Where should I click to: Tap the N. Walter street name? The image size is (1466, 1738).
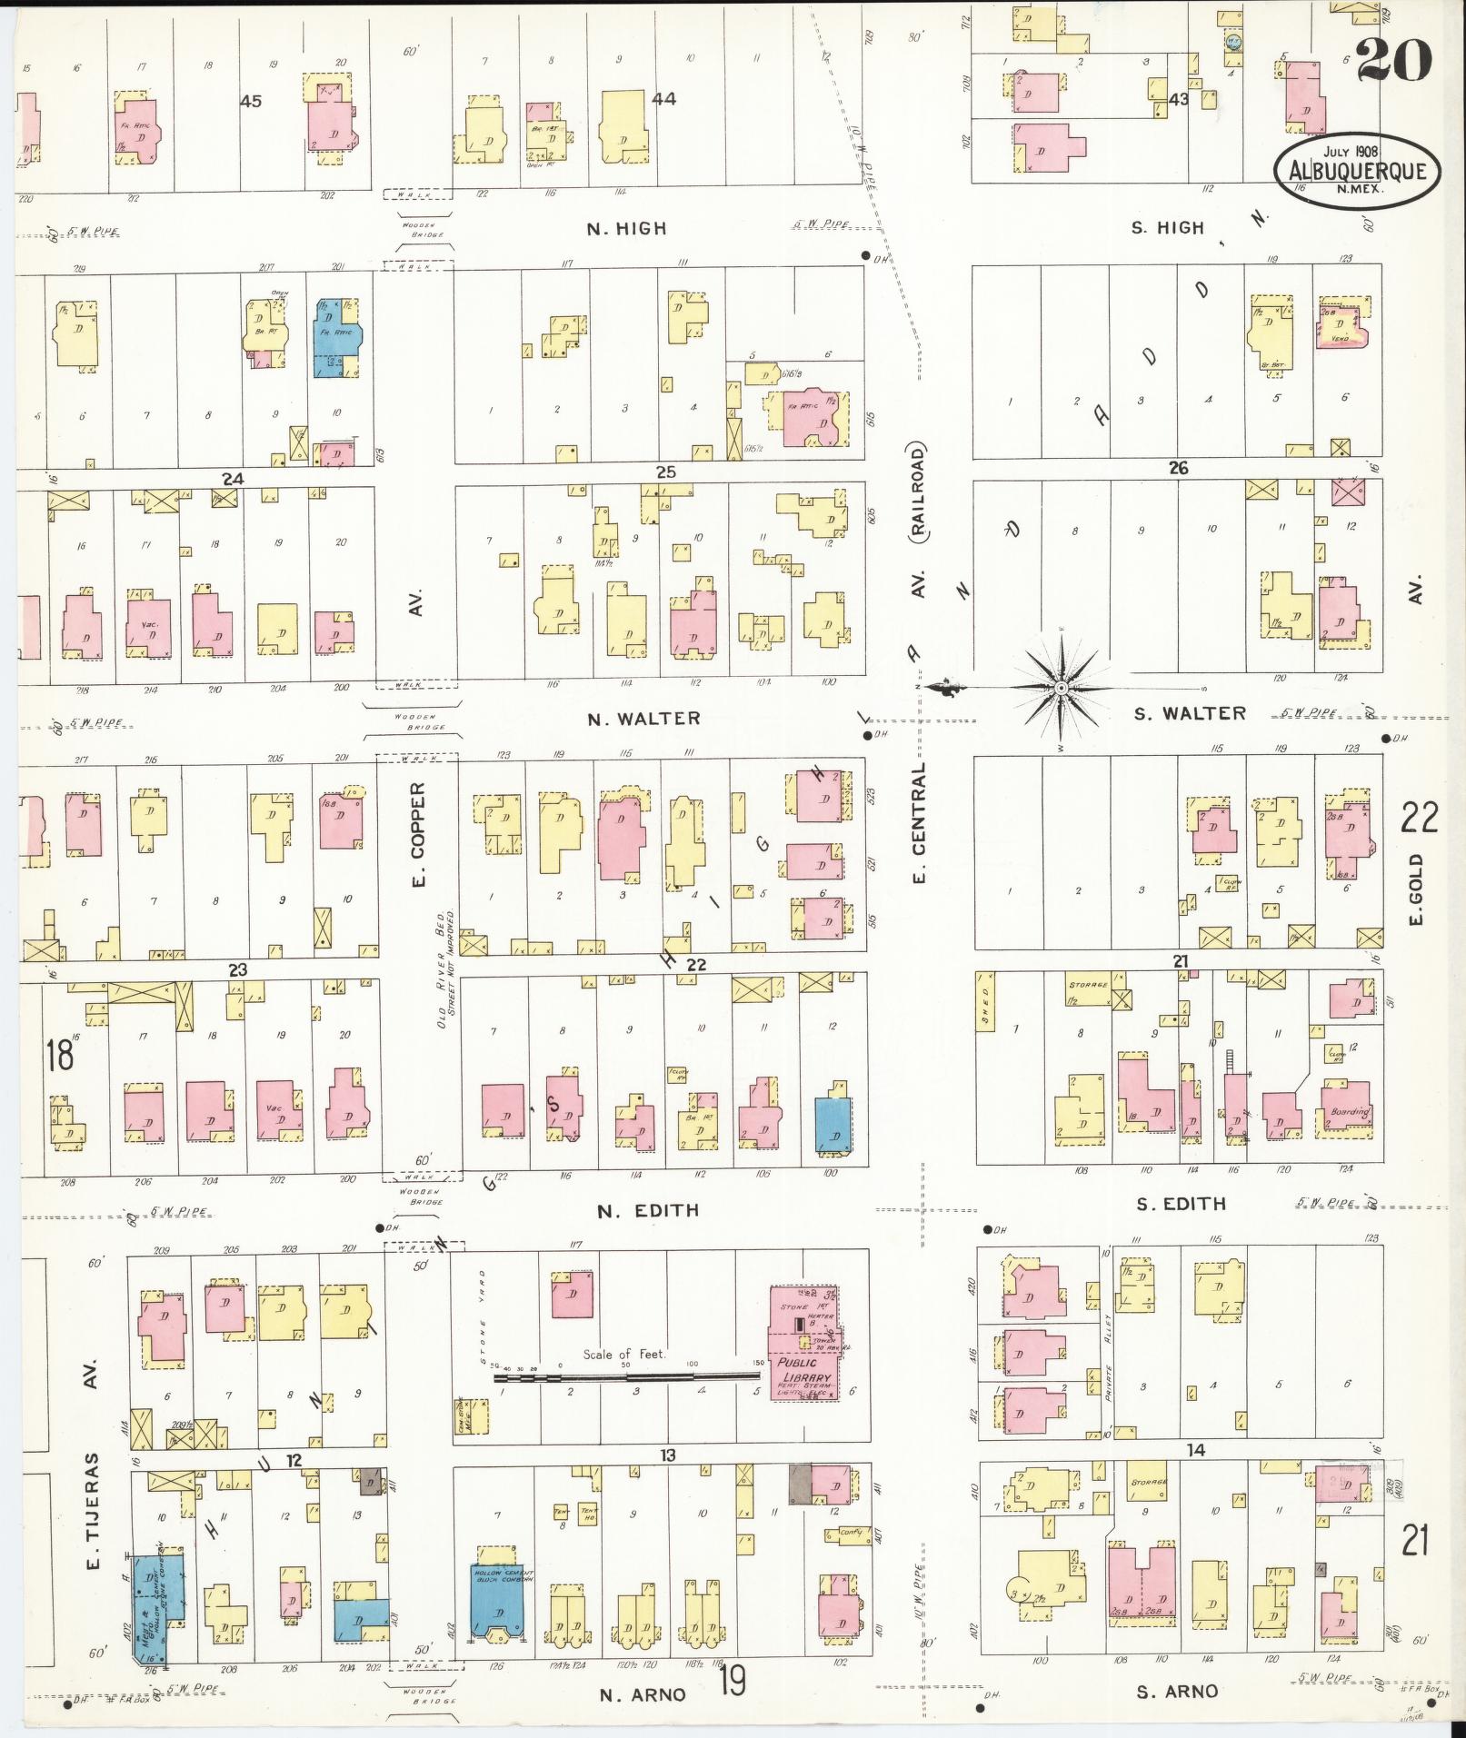[643, 719]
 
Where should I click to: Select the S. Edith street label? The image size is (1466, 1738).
[1181, 1204]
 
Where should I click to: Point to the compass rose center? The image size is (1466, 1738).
[1060, 690]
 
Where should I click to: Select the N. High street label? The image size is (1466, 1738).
[626, 229]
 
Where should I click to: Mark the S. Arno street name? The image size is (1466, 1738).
[1177, 1691]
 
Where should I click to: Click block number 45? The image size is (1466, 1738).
[251, 102]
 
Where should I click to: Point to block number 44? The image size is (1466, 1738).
[663, 99]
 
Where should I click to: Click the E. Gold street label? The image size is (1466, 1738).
[1414, 889]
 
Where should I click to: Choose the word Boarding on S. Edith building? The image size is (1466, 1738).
[1349, 1112]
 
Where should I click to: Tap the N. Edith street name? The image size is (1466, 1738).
[648, 1210]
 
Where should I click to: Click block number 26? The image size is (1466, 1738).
[1178, 468]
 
